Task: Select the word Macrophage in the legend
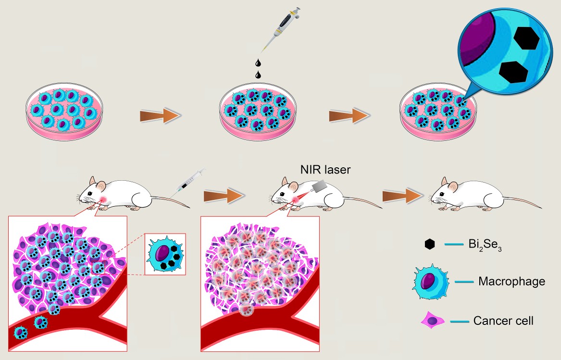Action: point(511,281)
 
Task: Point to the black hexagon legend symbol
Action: point(430,244)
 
